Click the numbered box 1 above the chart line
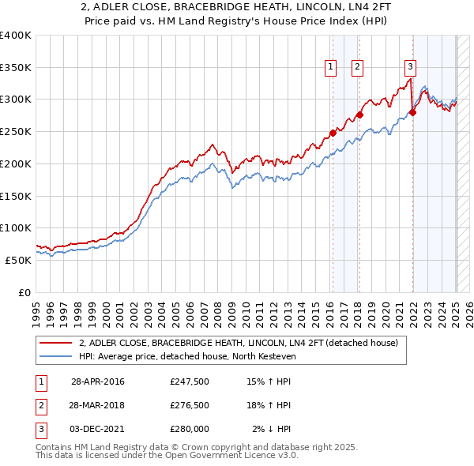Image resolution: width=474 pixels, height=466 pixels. pos(329,67)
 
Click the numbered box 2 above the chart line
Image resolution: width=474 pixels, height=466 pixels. pos(357,67)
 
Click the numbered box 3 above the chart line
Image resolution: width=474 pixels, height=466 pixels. pos(411,67)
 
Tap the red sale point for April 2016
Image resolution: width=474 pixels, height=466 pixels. pos(333,133)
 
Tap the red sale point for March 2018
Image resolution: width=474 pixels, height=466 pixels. pos(359,115)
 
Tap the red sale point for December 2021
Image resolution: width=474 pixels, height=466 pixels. pos(412,112)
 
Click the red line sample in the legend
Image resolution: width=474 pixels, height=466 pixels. pos(56,344)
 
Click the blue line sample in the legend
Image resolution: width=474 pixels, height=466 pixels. pos(56,356)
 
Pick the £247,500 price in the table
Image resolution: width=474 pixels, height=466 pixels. pos(189,381)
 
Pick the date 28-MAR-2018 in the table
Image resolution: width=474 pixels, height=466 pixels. pos(97,405)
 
